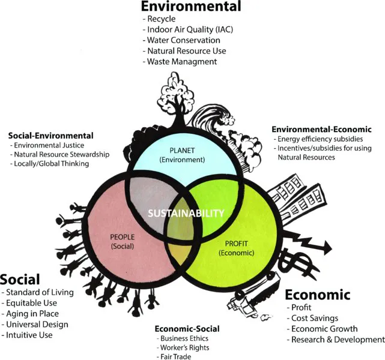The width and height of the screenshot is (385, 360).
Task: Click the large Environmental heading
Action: [x=190, y=7]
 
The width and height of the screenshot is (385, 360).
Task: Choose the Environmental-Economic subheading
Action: [x=321, y=129]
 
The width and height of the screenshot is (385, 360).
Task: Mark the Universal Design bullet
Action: [x=37, y=324]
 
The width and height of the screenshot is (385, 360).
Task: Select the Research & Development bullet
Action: [x=337, y=340]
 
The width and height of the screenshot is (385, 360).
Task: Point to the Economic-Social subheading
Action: [x=187, y=329]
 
